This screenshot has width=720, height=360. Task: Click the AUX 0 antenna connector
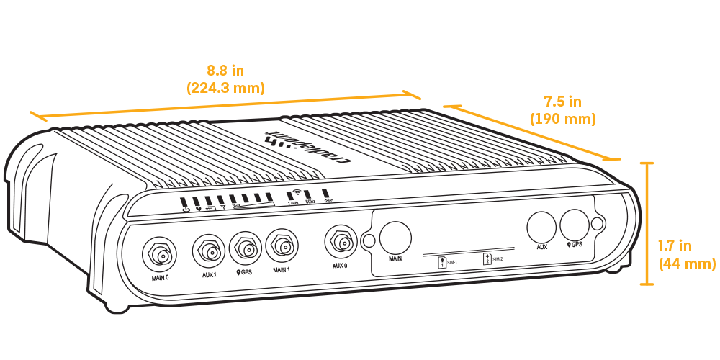[341, 241]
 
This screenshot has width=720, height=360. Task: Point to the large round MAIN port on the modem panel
[395, 236]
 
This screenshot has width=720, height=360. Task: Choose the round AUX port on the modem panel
[542, 227]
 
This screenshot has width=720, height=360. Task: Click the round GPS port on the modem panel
[575, 225]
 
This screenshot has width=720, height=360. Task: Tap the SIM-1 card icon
[442, 262]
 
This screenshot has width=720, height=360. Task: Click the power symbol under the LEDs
[186, 210]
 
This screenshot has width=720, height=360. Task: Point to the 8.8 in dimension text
[225, 71]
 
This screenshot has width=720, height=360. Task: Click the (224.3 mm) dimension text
[225, 88]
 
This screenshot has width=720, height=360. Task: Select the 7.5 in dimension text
[562, 101]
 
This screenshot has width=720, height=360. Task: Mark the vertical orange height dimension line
[650, 223]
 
